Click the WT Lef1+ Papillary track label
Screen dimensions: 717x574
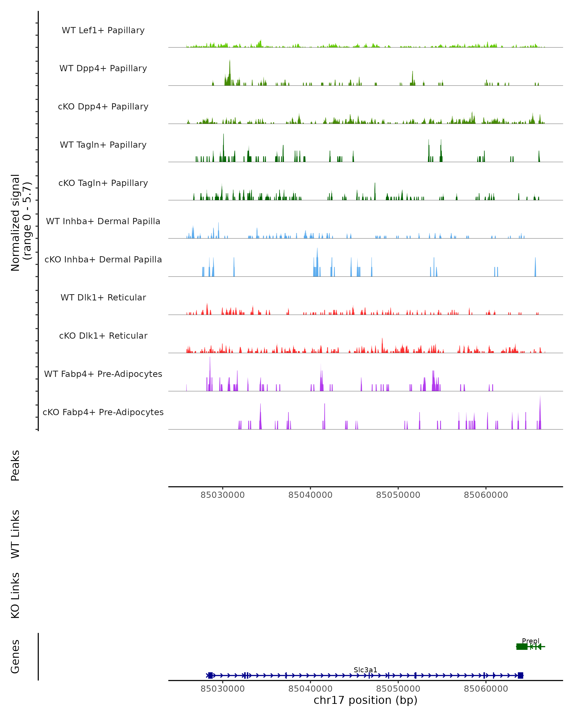tap(103, 31)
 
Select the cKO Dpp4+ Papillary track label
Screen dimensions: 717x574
tap(103, 107)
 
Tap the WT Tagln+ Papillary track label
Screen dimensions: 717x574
tap(103, 145)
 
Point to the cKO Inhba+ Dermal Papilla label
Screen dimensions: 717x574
tap(103, 260)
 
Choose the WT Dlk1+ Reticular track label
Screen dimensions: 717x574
tap(103, 298)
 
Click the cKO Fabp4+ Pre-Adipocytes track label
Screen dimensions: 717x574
tap(103, 412)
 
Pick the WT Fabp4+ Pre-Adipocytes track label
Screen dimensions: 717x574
tap(103, 374)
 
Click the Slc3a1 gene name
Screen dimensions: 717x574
tap(365, 670)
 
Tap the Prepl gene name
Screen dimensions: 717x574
tap(530, 641)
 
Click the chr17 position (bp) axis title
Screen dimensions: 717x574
tap(365, 700)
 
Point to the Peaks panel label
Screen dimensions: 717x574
tap(15, 465)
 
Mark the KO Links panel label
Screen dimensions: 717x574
tap(15, 595)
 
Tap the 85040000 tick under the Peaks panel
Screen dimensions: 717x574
tap(310, 495)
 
